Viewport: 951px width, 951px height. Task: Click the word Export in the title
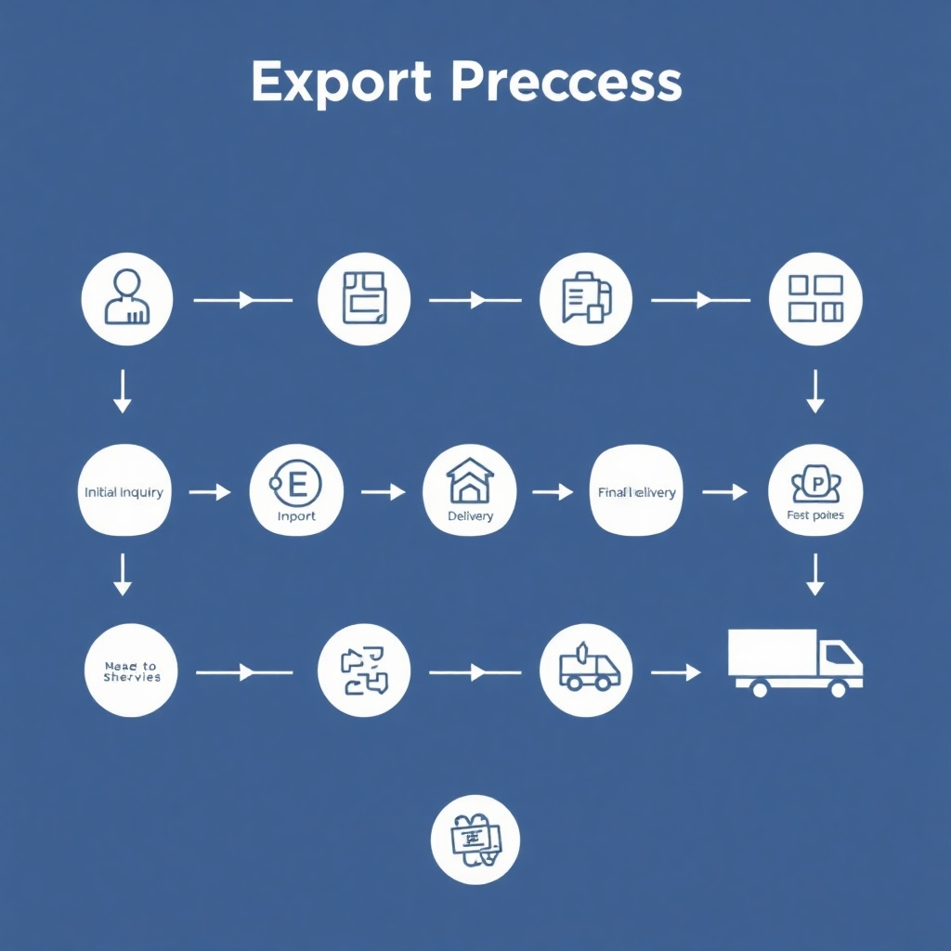pos(340,84)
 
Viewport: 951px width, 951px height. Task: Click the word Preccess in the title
pos(567,84)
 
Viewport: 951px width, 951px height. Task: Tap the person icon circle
pos(127,299)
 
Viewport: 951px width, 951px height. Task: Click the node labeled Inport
pos(296,491)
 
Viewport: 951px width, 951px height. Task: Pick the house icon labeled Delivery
pos(469,491)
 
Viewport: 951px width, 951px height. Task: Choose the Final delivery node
pos(636,491)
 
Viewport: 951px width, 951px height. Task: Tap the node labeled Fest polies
pos(815,491)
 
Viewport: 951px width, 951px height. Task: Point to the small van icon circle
pos(586,670)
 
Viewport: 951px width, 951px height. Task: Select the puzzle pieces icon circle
pos(364,670)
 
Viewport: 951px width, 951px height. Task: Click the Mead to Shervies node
pos(131,670)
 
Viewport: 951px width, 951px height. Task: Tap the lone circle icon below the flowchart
pos(475,839)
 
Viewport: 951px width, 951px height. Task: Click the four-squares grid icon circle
pos(815,299)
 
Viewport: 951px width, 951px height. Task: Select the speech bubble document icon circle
pos(586,299)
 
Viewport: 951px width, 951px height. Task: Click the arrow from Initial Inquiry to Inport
pos(210,492)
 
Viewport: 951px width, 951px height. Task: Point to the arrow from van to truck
pos(675,671)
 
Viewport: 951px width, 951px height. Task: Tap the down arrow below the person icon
pos(122,390)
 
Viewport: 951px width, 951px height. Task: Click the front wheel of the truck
pos(838,689)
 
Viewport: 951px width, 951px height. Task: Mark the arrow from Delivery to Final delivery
pos(553,492)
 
